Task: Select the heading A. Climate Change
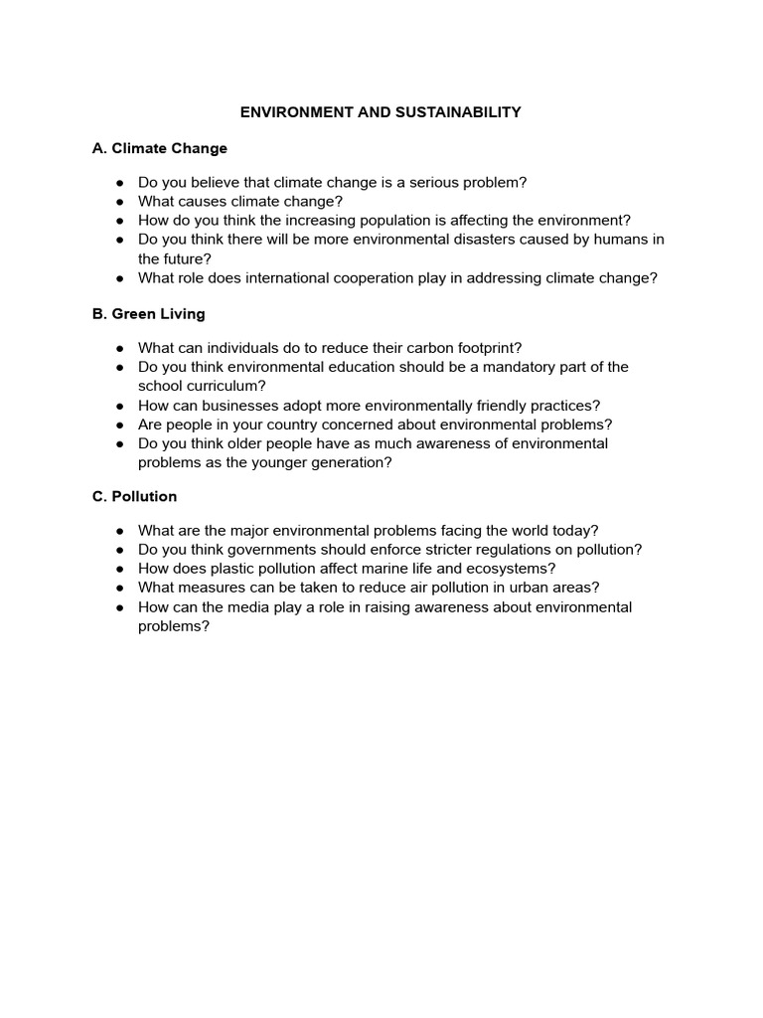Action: click(x=159, y=148)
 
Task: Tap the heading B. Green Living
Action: click(x=148, y=313)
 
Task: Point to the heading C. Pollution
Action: click(x=134, y=496)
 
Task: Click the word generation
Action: click(x=344, y=462)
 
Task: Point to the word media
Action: click(x=244, y=606)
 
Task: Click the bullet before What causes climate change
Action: click(x=119, y=202)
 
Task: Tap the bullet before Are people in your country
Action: click(x=119, y=424)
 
